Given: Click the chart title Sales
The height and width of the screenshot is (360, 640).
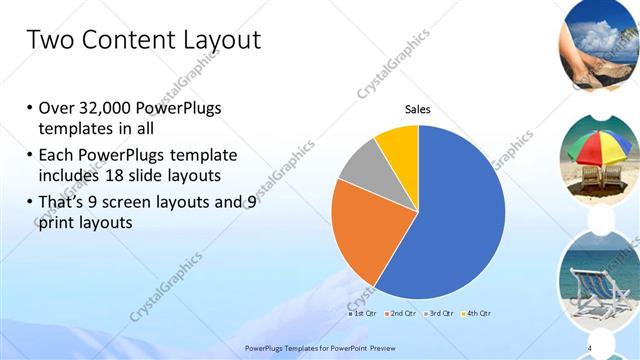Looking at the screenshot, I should point(417,109).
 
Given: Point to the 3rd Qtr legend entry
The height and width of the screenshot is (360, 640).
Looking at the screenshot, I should point(439,313).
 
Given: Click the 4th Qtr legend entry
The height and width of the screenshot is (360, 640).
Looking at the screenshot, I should point(477,313).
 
